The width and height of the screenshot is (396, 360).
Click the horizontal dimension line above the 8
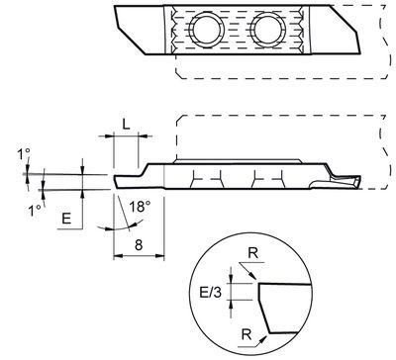pos(140,254)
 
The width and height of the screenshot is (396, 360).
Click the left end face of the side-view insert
pos(115,179)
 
